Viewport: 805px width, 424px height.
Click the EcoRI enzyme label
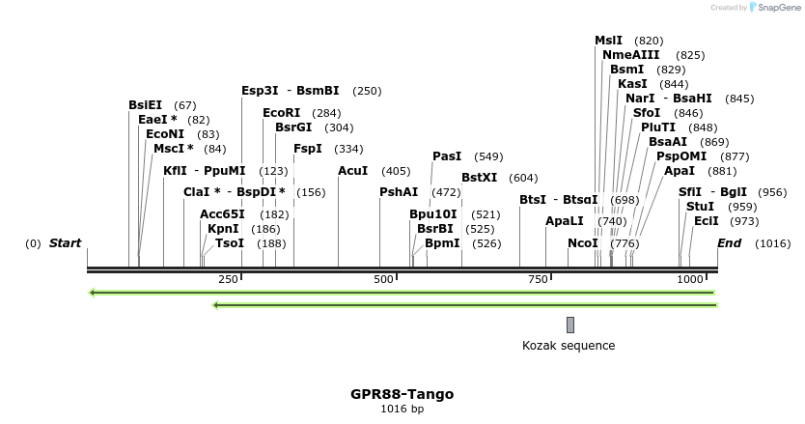tap(281, 113)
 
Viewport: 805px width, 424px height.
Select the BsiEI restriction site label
tap(149, 105)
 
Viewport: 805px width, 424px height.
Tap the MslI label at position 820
tap(609, 41)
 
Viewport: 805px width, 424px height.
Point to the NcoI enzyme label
tap(583, 243)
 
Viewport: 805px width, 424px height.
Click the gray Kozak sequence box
tap(570, 325)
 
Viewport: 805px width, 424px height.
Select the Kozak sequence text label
tap(569, 346)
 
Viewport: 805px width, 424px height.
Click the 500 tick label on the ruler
tap(384, 279)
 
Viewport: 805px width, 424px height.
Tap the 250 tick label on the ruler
tap(228, 279)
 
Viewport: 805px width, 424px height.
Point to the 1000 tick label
tap(690, 279)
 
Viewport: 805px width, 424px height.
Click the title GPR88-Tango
tap(402, 394)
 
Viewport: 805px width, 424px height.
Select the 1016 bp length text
tap(402, 410)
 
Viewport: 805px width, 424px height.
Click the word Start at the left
tap(66, 243)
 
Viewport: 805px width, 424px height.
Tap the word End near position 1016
tap(730, 243)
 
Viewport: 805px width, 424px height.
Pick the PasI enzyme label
tap(447, 156)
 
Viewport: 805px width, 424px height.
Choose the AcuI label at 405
tap(353, 171)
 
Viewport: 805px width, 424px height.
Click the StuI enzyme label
tap(701, 207)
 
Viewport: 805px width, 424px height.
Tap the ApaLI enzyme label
tap(565, 221)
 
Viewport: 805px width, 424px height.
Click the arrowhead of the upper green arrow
tap(92, 292)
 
